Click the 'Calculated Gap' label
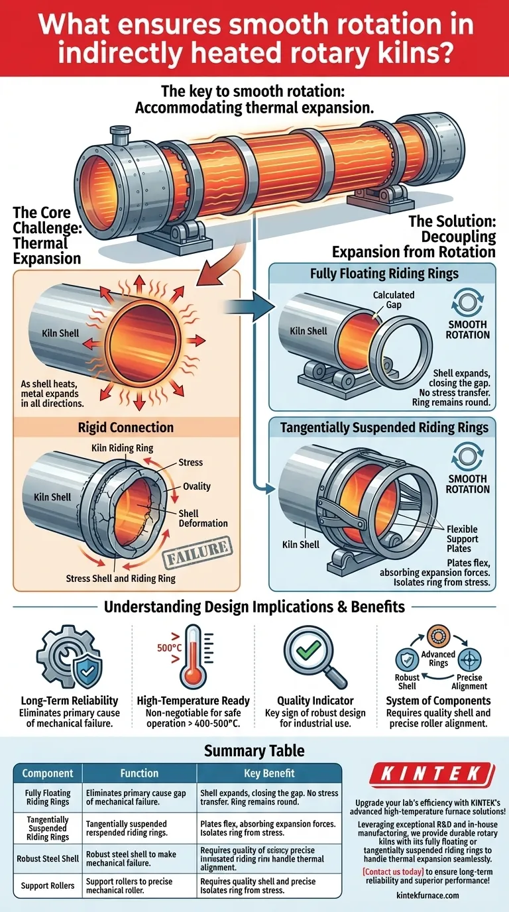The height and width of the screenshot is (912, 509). click(393, 299)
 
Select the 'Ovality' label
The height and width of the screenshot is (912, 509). click(197, 486)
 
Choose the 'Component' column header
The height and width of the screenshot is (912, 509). click(47, 773)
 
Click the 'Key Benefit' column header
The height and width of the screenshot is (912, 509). click(268, 773)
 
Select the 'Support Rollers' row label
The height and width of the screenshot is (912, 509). click(47, 885)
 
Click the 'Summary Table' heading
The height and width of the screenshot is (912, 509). click(254, 750)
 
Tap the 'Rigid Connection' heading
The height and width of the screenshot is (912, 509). click(126, 427)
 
